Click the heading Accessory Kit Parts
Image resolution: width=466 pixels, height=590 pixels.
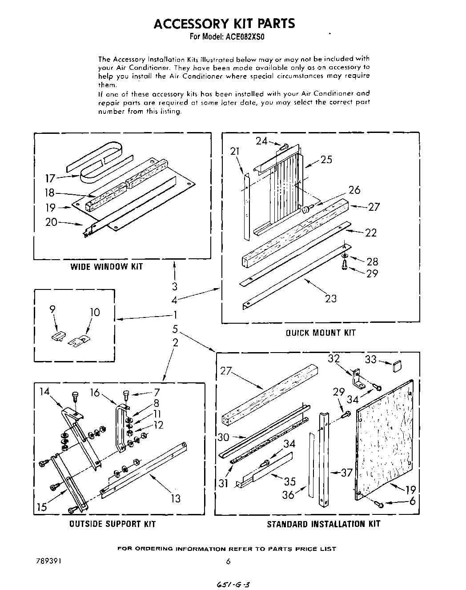pos(224,23)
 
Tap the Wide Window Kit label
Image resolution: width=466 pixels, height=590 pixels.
pos(107,267)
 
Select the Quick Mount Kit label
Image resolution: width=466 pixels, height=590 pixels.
pos(321,333)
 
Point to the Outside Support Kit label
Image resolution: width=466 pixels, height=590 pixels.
pos(112,524)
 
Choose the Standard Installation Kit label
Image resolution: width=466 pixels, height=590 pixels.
pos(323,524)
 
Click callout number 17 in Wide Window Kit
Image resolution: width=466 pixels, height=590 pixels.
pos(51,179)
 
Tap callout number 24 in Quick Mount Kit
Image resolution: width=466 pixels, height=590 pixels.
pos(261,141)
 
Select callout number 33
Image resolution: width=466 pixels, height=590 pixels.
pos(371,359)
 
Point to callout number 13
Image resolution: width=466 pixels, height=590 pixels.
pos(176,498)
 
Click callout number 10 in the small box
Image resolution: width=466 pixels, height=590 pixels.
pos(95,313)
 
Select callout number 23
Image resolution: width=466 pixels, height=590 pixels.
pos(330,298)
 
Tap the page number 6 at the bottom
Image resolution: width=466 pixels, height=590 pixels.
pos(228,562)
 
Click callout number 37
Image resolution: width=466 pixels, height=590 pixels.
pos(346,473)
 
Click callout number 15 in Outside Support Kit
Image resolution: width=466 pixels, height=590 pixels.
pos(42,507)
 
